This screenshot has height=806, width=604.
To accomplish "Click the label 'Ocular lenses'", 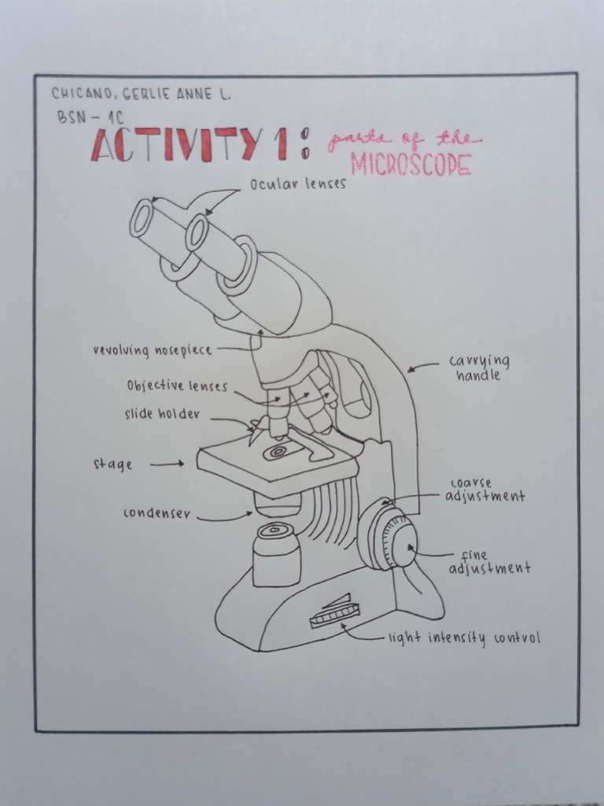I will [x=298, y=185].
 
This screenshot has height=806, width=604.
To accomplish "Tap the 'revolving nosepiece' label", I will [x=153, y=350].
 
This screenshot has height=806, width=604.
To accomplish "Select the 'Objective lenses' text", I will [x=177, y=386].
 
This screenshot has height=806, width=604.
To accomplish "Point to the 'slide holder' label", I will [x=162, y=414].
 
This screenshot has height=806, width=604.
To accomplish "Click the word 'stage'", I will [x=112, y=464].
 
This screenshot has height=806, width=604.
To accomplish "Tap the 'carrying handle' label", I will [x=479, y=368].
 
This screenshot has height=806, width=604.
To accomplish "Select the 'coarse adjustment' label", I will [x=484, y=490].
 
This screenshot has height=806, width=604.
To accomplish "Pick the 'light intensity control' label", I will [x=464, y=638].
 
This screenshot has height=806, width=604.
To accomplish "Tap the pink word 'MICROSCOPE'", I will [x=411, y=165].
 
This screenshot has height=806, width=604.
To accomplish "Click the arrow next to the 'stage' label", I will [x=166, y=464].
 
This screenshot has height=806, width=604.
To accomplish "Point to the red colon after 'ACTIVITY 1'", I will [x=304, y=146].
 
